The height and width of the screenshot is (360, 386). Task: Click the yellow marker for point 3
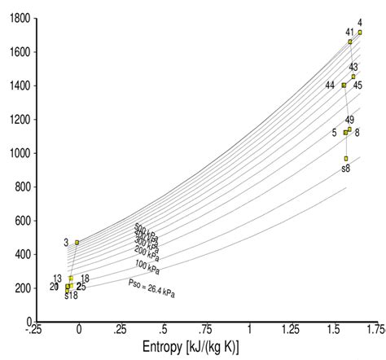click(77, 242)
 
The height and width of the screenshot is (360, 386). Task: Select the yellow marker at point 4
click(360, 33)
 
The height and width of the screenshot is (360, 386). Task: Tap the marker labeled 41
click(350, 42)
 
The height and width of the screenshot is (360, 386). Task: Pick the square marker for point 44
click(344, 85)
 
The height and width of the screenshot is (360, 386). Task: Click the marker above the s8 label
click(345, 158)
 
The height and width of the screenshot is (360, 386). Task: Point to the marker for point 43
click(353, 77)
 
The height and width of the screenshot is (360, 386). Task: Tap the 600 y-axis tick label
click(20, 221)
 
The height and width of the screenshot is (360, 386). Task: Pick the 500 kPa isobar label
click(146, 229)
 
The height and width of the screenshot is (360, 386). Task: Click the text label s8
click(346, 169)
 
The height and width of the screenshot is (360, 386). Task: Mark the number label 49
click(349, 120)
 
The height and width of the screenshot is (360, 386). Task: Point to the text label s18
click(71, 296)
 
